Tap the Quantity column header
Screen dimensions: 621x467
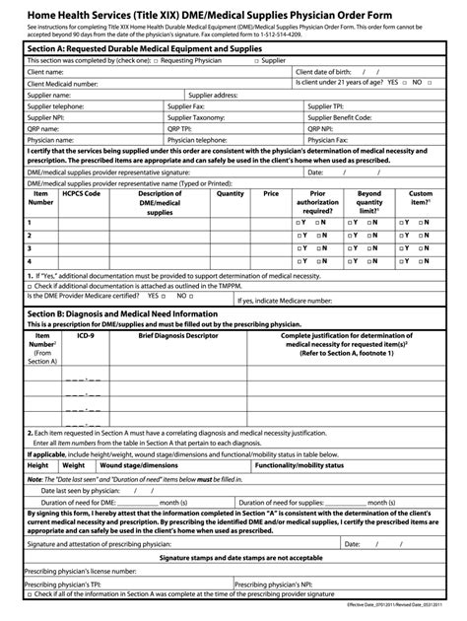[x=230, y=194]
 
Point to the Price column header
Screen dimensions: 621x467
[x=271, y=194]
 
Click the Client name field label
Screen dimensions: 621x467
[x=49, y=72]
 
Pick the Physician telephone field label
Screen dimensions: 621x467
[x=202, y=140]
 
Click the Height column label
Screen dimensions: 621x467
[x=38, y=464]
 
